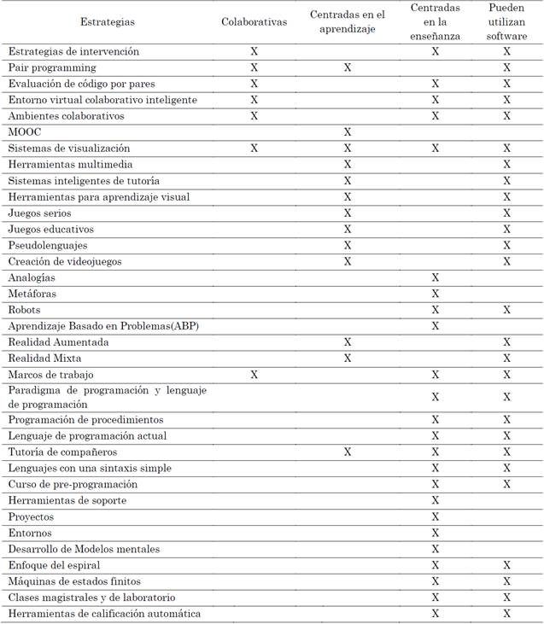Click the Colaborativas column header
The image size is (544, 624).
click(254, 21)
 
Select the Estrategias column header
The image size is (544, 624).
click(107, 21)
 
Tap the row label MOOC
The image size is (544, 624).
click(24, 132)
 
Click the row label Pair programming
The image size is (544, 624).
click(51, 67)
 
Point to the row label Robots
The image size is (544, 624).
click(24, 310)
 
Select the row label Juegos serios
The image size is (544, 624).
click(39, 213)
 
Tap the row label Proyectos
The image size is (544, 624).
click(31, 516)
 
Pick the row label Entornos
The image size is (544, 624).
click(30, 533)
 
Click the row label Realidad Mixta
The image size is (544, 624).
click(44, 359)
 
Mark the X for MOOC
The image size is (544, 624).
click(348, 132)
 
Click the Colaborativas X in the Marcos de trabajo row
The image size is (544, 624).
click(254, 375)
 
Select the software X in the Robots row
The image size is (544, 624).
click(506, 310)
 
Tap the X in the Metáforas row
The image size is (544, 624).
click(436, 294)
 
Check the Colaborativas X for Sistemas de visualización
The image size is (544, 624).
click(254, 149)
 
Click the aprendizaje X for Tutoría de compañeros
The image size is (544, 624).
click(348, 452)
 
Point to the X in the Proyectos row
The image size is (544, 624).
click(436, 516)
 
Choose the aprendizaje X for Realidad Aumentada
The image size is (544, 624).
click(348, 342)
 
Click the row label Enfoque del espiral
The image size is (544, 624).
click(54, 565)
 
